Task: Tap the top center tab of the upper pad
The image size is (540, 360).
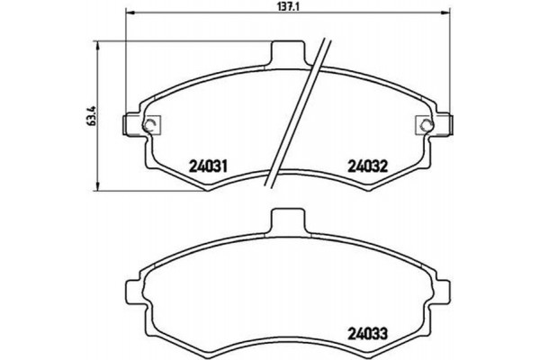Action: point(286,53)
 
